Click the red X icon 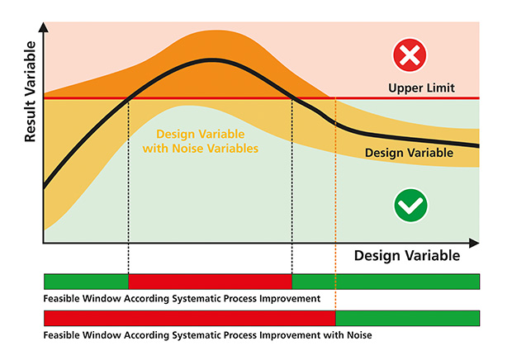(x=410, y=55)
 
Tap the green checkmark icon (x=410, y=206)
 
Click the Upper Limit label (x=421, y=88)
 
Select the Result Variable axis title (x=30, y=92)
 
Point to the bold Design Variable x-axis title (x=407, y=255)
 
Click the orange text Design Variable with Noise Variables (x=201, y=141)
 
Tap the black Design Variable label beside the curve (x=409, y=153)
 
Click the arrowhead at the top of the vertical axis (x=44, y=27)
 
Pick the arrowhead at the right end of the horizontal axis (x=474, y=243)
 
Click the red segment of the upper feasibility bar (x=210, y=282)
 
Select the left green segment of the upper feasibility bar (x=86, y=282)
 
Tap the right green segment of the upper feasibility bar (x=386, y=282)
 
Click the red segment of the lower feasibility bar (x=190, y=318)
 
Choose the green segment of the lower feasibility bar (x=407, y=318)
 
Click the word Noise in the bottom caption (x=359, y=335)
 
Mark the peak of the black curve (x=212, y=60)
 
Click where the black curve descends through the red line (x=292, y=98)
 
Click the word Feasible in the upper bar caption (x=61, y=299)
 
